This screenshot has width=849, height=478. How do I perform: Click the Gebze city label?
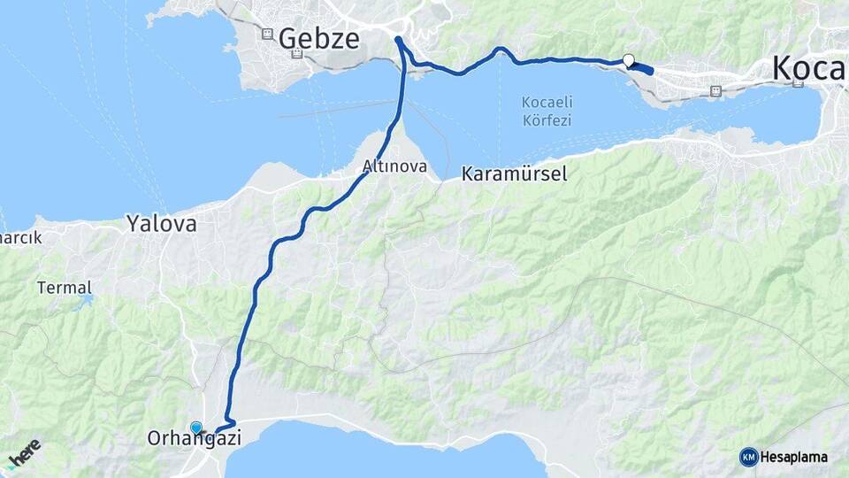(319, 38)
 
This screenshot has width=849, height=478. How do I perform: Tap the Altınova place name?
(394, 166)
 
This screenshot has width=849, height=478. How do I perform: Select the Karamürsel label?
(514, 174)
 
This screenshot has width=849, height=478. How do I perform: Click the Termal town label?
(64, 287)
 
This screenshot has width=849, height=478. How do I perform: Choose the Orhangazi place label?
(194, 437)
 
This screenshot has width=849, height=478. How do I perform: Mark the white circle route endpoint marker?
(629, 60)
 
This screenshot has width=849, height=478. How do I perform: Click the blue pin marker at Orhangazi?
(195, 428)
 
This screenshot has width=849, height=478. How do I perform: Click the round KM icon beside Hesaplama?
(748, 457)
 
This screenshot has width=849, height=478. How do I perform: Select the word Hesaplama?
(793, 457)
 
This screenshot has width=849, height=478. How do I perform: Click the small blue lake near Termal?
(86, 301)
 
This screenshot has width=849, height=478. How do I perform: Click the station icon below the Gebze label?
(297, 54)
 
